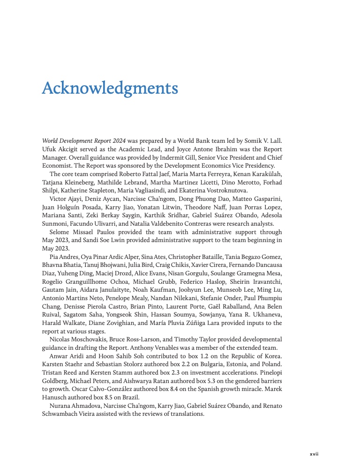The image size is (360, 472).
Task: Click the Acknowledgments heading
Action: (110, 88)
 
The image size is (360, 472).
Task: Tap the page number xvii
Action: (314, 454)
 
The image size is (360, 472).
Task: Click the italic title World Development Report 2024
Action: (83, 140)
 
